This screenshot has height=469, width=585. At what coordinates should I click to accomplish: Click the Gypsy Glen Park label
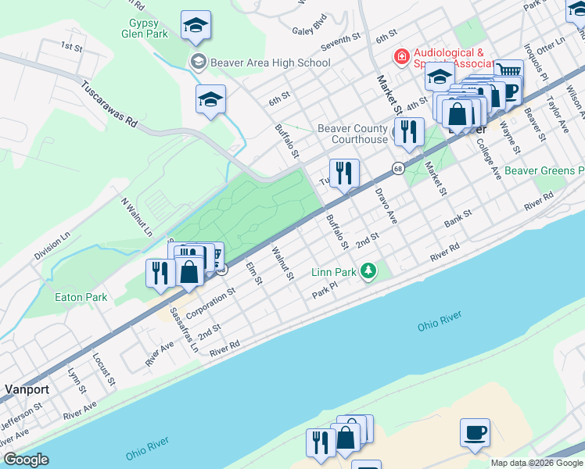tap(145, 28)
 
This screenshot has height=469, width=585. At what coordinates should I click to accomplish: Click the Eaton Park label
tap(81, 297)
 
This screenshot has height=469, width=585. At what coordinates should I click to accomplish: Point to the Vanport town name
tap(27, 388)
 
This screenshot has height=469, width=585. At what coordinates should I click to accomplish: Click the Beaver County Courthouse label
tap(353, 134)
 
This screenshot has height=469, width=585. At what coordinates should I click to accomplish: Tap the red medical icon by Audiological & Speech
tap(401, 57)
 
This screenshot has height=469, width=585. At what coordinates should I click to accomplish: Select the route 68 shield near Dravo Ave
tap(398, 169)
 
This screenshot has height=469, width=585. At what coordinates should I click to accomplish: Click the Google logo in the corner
tap(26, 460)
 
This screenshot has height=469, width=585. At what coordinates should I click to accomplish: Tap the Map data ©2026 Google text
tap(537, 463)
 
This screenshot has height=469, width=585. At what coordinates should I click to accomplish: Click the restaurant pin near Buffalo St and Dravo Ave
tap(344, 172)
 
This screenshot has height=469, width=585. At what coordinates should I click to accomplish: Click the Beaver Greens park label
tap(544, 170)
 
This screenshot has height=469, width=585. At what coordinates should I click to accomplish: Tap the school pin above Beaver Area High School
tap(196, 27)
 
